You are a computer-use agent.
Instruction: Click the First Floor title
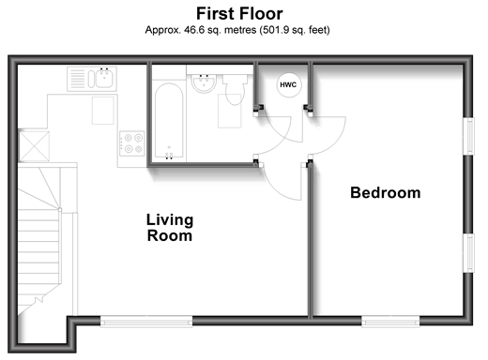pyautogui.click(x=239, y=14)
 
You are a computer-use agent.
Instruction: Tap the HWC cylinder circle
pyautogui.click(x=289, y=84)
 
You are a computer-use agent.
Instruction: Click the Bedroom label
pyautogui.click(x=386, y=192)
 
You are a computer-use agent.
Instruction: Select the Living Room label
pyautogui.click(x=170, y=228)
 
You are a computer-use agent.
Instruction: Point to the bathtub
pyautogui.click(x=169, y=121)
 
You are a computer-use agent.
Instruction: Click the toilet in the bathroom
pyautogui.click(x=235, y=89)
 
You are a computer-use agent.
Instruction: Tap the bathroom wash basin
pyautogui.click(x=204, y=83)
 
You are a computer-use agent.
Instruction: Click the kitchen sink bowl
pyautogui.click(x=104, y=79)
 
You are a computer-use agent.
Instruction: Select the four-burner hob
pyautogui.click(x=132, y=143)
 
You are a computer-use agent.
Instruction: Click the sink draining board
pyautogui.click(x=77, y=79)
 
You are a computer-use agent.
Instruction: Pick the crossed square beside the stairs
pyautogui.click(x=34, y=146)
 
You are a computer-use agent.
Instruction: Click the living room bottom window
pyautogui.click(x=146, y=322)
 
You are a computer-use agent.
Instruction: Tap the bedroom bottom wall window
pyautogui.click(x=390, y=322)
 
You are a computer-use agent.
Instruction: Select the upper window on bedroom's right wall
pyautogui.click(x=468, y=136)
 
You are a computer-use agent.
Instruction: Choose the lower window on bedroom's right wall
pyautogui.click(x=468, y=253)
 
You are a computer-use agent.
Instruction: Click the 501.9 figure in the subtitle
pyautogui.click(x=274, y=30)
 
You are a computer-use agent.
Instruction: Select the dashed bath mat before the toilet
pyautogui.click(x=230, y=111)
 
